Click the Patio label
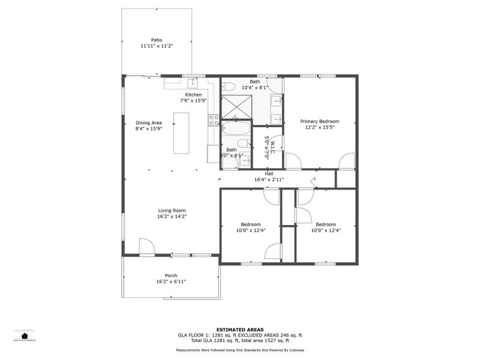click(157, 40)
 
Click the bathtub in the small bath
click(235, 128)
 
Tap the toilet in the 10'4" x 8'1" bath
click(228, 88)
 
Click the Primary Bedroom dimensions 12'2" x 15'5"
click(320, 127)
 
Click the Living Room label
click(172, 210)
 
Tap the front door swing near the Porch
click(146, 246)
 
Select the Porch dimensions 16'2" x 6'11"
click(172, 281)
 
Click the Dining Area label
click(148, 122)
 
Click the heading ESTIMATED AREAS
click(240, 329)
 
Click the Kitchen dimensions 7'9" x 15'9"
click(193, 101)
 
